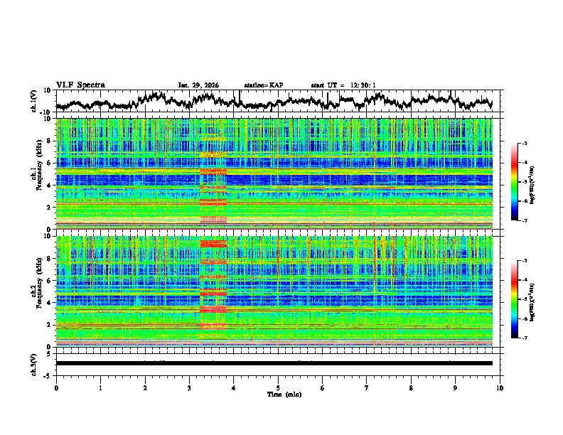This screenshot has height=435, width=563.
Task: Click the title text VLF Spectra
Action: tap(80, 85)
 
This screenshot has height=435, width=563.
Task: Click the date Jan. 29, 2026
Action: tap(198, 85)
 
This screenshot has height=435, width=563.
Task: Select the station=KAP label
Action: tap(263, 85)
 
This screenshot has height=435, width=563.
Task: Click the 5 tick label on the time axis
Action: tap(278, 387)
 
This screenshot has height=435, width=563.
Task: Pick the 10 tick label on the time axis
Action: tap(500, 387)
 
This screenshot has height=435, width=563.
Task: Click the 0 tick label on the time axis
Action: tap(56, 387)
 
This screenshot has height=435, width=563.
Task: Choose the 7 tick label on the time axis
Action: tap(367, 387)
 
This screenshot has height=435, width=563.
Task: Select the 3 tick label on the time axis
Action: tap(189, 387)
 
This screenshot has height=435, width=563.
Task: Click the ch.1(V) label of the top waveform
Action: tap(35, 101)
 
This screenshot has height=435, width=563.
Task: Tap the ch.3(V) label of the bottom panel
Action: tap(35, 363)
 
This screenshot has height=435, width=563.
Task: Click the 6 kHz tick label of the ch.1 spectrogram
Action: tap(50, 163)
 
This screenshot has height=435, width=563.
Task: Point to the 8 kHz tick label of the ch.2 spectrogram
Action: tap(50, 259)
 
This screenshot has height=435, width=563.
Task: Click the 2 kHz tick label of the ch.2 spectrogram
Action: tap(50, 325)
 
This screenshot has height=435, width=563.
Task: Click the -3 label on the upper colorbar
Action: tap(530, 144)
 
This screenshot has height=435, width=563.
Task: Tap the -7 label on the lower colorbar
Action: tap(530, 338)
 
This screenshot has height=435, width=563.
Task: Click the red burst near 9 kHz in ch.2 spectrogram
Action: tap(213, 244)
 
